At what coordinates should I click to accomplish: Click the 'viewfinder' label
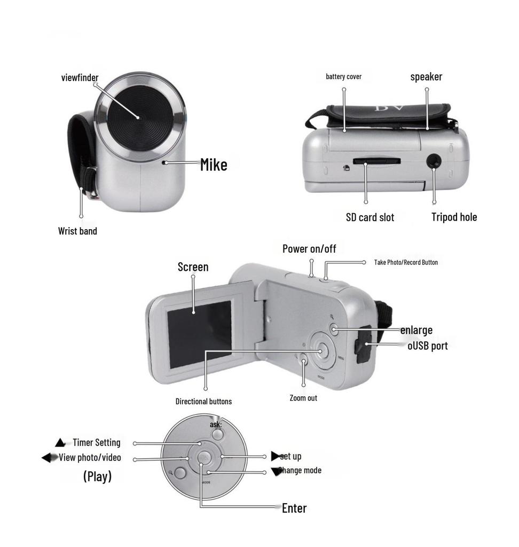point(80,78)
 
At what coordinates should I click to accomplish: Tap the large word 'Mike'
point(214,165)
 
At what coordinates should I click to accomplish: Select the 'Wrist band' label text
point(77,231)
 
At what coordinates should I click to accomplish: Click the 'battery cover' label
point(343,77)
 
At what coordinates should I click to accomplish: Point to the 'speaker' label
point(426,77)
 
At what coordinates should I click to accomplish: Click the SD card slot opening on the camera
point(376,160)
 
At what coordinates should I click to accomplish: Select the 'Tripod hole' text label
point(454,217)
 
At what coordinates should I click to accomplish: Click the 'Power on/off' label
point(309,249)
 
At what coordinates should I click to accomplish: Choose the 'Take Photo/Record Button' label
point(406,262)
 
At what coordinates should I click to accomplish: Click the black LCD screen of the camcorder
point(199,334)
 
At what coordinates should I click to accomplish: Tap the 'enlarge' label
point(416,330)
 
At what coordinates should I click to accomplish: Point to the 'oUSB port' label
point(427,346)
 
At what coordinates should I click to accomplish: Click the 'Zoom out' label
point(303,398)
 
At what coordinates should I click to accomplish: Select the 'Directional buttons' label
point(203,401)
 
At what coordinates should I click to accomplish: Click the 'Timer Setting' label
point(96,442)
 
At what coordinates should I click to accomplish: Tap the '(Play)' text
point(97,476)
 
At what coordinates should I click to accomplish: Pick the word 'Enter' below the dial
point(294,508)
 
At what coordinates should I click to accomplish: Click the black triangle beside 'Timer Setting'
point(60,443)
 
